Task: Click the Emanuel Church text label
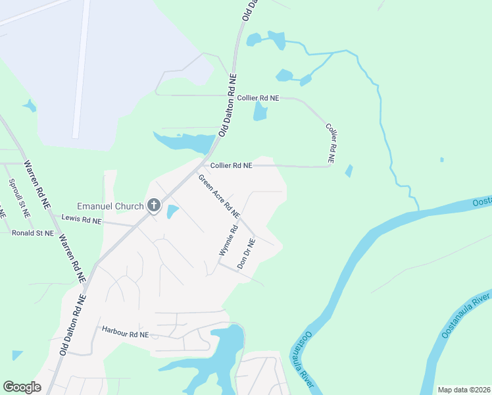click(x=110, y=206)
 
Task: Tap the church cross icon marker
click(x=153, y=206)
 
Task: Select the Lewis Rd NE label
click(x=82, y=219)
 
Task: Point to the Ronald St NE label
click(x=32, y=232)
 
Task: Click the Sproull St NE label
click(x=18, y=198)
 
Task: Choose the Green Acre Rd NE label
click(x=220, y=196)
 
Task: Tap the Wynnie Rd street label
click(x=228, y=241)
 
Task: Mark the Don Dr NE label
click(x=246, y=252)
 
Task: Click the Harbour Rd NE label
click(x=126, y=334)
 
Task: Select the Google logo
click(x=22, y=387)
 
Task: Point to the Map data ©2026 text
click(x=462, y=390)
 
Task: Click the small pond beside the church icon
click(x=172, y=212)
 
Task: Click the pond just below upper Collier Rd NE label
click(x=260, y=111)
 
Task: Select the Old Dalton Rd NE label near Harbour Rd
click(x=73, y=325)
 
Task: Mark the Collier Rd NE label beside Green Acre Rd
click(x=231, y=166)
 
